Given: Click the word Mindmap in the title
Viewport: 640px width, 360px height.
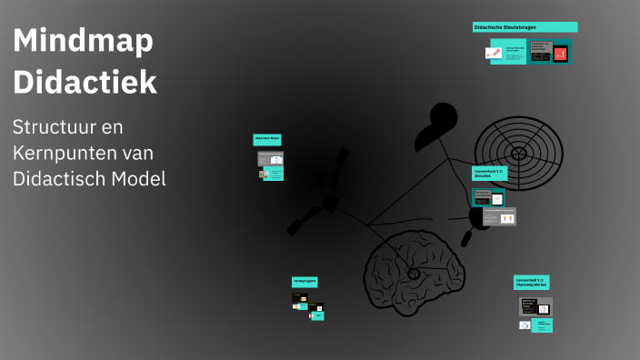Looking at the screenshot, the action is [83, 41].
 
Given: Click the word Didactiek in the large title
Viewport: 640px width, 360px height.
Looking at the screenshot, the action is [85, 82].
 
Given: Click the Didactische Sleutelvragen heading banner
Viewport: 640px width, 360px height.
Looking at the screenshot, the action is [525, 27].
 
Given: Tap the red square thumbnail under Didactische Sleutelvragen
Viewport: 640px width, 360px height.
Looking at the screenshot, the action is [560, 54].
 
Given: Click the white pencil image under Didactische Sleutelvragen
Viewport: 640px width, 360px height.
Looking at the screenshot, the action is [494, 53].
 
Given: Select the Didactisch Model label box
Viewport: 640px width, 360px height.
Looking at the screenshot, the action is [266, 139].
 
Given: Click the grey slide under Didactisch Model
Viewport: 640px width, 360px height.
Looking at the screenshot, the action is [270, 157].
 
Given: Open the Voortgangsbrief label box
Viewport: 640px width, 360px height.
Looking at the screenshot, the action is [305, 282].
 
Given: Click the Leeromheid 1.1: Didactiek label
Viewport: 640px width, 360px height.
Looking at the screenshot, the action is [488, 173].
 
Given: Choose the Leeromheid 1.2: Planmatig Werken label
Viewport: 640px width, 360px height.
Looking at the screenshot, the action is [531, 283].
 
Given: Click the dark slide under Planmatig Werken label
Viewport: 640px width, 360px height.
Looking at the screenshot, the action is [535, 306].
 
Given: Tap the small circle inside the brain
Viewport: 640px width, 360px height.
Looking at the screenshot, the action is [414, 273].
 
